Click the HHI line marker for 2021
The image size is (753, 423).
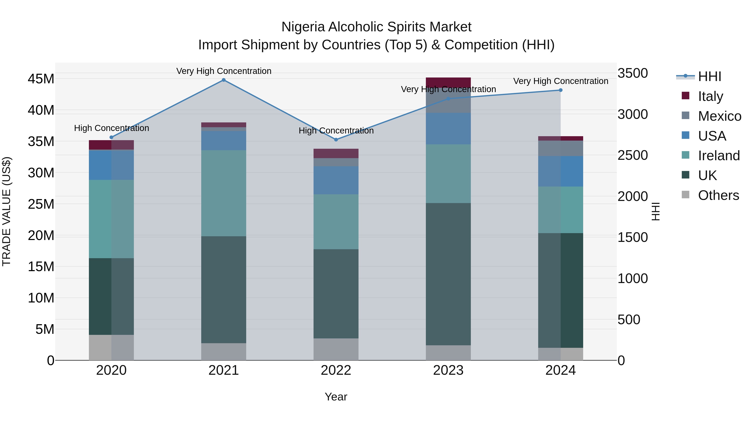click(x=224, y=80)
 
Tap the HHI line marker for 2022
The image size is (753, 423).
click(x=336, y=140)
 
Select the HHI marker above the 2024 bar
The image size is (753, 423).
click(x=560, y=90)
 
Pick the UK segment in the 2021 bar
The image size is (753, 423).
click(x=224, y=290)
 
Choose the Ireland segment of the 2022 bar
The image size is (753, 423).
click(x=336, y=222)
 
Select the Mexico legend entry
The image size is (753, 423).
click(x=719, y=116)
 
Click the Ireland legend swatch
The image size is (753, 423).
click(x=685, y=155)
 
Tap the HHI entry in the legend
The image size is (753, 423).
click(x=709, y=76)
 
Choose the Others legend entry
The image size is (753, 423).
click(x=718, y=195)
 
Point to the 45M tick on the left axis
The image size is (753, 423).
click(x=41, y=79)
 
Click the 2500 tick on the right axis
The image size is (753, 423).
click(x=633, y=155)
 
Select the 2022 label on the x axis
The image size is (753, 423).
click(x=336, y=370)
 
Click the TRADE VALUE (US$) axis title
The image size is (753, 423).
click(x=6, y=211)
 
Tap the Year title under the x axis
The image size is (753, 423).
click(x=336, y=397)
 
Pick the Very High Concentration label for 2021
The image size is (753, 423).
click(x=224, y=71)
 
